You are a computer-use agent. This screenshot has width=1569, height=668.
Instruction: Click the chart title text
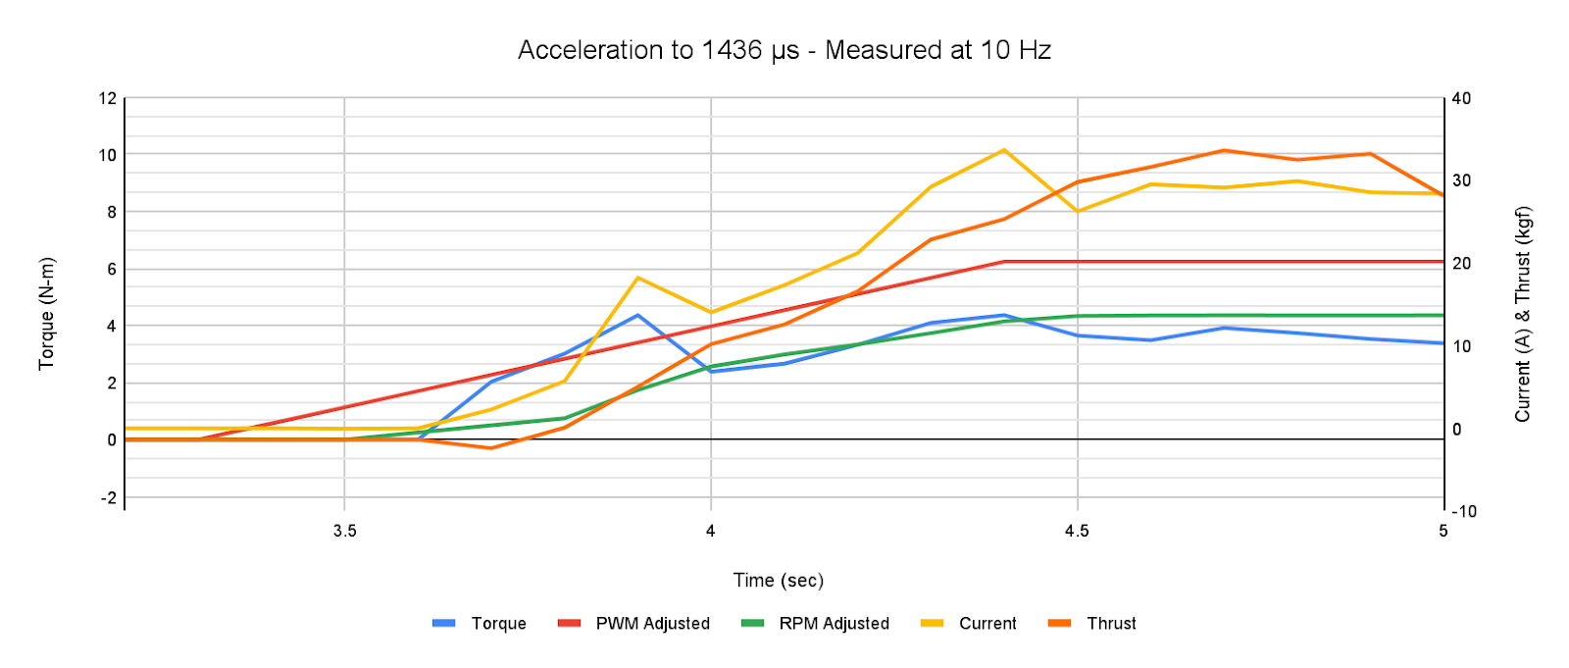click(x=784, y=50)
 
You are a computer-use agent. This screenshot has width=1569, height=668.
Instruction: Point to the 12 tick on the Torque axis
click(x=107, y=98)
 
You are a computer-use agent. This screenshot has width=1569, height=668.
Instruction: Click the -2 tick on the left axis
click(x=108, y=497)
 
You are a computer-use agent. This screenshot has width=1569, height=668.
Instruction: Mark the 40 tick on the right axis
click(x=1461, y=98)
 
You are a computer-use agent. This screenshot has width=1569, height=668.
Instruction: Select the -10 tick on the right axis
click(x=1463, y=512)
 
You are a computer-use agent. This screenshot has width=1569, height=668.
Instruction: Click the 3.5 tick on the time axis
click(x=344, y=532)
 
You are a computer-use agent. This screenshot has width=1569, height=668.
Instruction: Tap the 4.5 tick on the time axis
click(x=1077, y=532)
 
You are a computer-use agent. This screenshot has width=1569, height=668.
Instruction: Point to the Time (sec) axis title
click(x=779, y=581)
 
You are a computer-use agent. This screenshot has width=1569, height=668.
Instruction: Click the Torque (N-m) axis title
click(x=46, y=314)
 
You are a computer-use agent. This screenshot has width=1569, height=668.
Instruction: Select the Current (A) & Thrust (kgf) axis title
click(x=1522, y=314)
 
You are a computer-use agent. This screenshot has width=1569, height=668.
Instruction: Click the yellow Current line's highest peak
click(x=1004, y=150)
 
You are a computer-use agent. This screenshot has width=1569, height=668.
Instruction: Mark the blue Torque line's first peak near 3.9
click(x=637, y=315)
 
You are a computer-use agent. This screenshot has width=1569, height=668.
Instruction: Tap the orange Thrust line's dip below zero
click(x=491, y=448)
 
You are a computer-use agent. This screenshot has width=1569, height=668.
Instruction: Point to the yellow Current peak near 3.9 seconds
click(x=637, y=278)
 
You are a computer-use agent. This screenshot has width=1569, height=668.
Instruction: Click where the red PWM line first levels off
click(x=1004, y=262)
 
